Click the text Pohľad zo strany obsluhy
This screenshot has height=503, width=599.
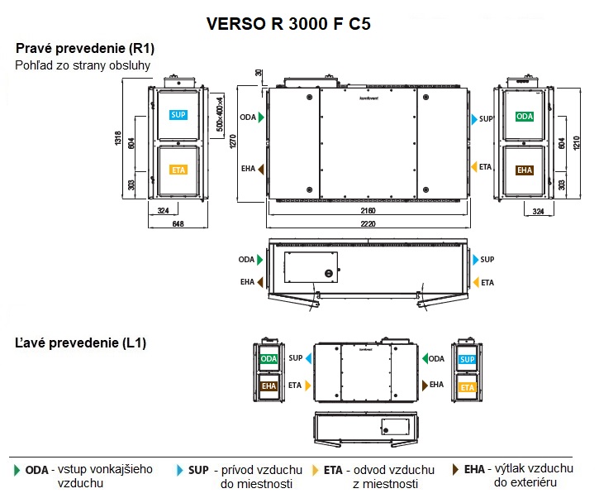pyautogui.click(x=83, y=65)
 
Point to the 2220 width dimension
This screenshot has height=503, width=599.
pyautogui.click(x=368, y=223)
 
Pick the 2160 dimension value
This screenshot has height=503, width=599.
pyautogui.click(x=368, y=212)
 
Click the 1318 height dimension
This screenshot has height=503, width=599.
pyautogui.click(x=118, y=141)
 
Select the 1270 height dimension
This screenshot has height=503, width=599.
pyautogui.click(x=234, y=141)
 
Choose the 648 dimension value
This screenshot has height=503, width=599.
pyautogui.click(x=178, y=223)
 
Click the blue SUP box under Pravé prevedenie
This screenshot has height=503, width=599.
pyautogui.click(x=178, y=115)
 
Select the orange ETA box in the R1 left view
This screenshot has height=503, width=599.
pyautogui.click(x=178, y=170)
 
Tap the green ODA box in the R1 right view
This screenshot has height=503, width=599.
pyautogui.click(x=525, y=117)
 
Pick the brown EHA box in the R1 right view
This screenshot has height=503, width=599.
pyautogui.click(x=525, y=170)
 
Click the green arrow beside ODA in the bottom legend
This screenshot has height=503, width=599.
pyautogui.click(x=17, y=470)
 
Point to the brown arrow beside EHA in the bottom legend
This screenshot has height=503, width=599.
pyautogui.click(x=455, y=470)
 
